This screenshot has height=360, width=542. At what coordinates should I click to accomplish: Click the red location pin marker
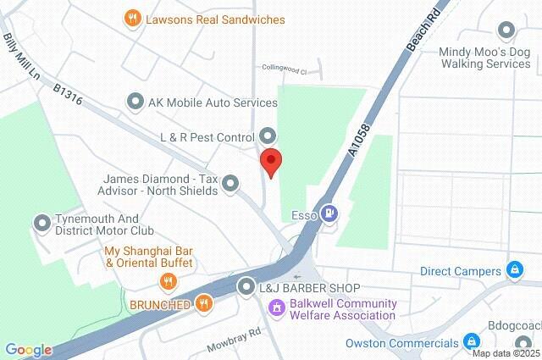coord(270,162)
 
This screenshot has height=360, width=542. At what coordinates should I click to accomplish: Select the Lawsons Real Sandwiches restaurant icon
coord(132,18)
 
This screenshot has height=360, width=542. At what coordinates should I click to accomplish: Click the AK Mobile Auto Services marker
coord(135,102)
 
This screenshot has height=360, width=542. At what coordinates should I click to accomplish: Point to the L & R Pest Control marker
coord(267,136)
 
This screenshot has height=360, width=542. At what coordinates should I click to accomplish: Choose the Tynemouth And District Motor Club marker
coord(41,223)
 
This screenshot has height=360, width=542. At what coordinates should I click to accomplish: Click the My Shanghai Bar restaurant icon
coord(169,280)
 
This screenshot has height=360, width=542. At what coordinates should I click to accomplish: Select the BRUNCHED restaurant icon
coord(203,302)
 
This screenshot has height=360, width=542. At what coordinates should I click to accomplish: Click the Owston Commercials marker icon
coord(473,342)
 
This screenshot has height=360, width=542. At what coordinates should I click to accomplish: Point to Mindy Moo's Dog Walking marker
coord(506,31)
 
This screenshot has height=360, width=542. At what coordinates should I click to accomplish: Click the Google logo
coord(28,349)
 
